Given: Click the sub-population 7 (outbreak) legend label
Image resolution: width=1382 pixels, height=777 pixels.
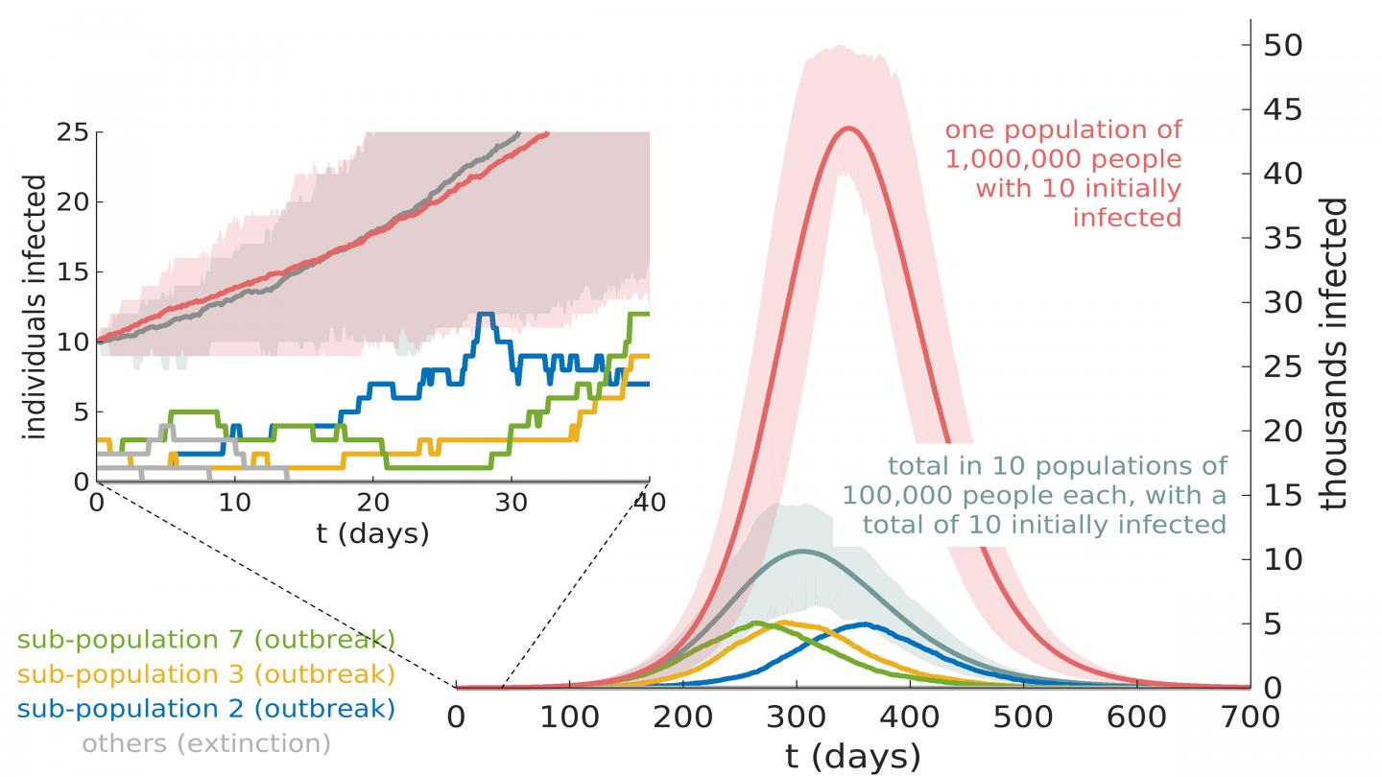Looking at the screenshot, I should coord(206,640).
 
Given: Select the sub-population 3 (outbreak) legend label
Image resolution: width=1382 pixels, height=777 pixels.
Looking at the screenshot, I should coord(206,674).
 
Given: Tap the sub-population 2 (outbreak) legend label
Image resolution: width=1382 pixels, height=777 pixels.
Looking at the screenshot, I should coord(206,709).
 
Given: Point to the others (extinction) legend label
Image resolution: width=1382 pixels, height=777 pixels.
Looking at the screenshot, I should coord(206,742).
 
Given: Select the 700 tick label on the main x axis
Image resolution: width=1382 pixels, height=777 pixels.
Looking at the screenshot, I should coord(1251,718).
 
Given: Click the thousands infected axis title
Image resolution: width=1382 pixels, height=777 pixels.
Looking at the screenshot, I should coord(1335,354).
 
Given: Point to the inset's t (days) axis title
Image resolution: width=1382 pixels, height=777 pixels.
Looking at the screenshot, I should coord(372,533).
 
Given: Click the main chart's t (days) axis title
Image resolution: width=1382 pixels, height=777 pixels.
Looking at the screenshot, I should coord(852,756).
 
